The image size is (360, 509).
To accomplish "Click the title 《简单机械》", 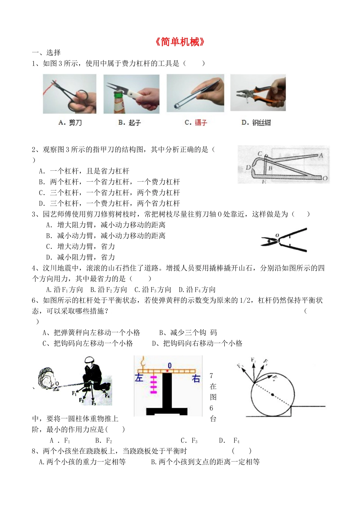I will (180, 42).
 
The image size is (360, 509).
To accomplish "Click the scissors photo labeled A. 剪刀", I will (69, 94).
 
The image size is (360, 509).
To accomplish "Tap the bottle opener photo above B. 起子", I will (131, 94).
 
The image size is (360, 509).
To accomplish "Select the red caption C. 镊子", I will (196, 123).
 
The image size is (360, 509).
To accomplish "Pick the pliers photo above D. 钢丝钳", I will (258, 93).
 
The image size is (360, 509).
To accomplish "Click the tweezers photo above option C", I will (195, 93).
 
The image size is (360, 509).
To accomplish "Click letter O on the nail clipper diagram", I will (325, 178).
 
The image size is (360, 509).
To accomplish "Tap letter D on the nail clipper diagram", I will (248, 167).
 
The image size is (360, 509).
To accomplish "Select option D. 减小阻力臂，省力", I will (80, 257).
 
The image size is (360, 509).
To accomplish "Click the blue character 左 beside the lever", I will (139, 378).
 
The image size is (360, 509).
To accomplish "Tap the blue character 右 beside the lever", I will (196, 379).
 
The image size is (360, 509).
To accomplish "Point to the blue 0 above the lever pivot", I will (169, 366).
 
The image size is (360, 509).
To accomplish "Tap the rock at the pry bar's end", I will (48, 378).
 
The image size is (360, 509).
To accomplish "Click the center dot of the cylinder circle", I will (272, 395).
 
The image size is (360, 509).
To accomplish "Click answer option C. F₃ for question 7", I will (189, 441).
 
